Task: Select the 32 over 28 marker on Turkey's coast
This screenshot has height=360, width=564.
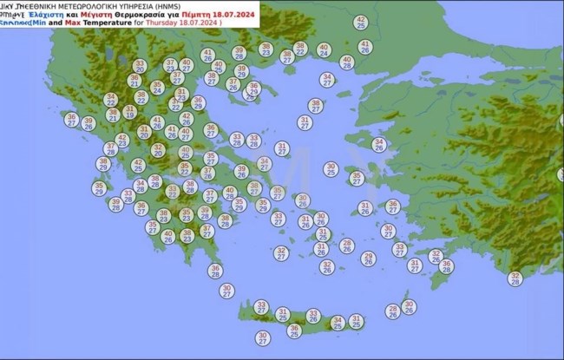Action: [515, 278]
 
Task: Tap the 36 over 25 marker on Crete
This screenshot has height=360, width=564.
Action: [295, 331]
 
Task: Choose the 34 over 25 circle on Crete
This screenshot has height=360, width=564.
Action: [338, 324]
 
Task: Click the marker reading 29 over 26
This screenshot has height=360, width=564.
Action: [368, 259]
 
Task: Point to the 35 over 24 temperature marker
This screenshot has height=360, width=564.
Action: [158, 87]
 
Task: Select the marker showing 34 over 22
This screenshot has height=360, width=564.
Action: [111, 99]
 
